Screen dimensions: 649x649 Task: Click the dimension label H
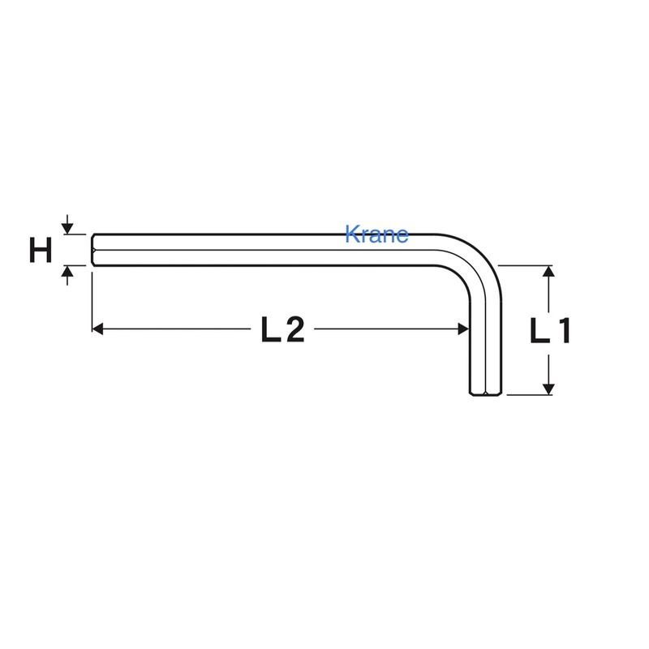tap(41, 250)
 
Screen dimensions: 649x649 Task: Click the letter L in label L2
tap(272, 329)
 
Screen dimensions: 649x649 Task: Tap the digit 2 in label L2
tap(295, 329)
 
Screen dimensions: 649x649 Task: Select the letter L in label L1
tap(540, 331)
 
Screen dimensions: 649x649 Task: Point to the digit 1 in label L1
tap(564, 331)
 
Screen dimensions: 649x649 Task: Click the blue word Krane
tap(376, 234)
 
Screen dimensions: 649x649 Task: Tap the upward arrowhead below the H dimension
tap(67, 272)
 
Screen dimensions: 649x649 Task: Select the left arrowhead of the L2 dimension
tap(97, 329)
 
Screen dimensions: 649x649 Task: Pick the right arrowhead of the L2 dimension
tap(463, 329)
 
